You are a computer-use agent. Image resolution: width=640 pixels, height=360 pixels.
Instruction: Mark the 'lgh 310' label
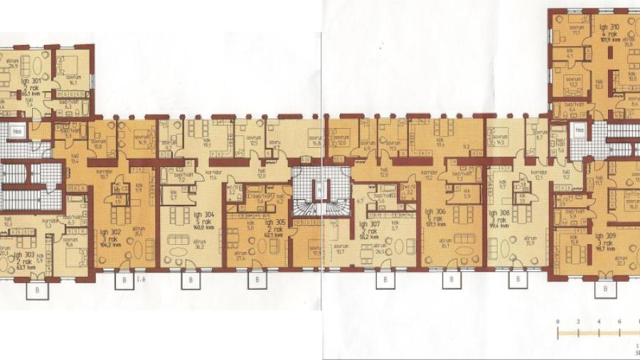pos(609,27)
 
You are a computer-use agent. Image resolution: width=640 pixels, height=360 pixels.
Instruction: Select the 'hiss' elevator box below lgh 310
pos(579,131)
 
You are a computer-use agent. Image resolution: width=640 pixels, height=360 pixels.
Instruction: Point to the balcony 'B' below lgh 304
pos(191,280)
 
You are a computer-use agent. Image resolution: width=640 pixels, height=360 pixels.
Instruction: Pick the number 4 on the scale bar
pos(599,322)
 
